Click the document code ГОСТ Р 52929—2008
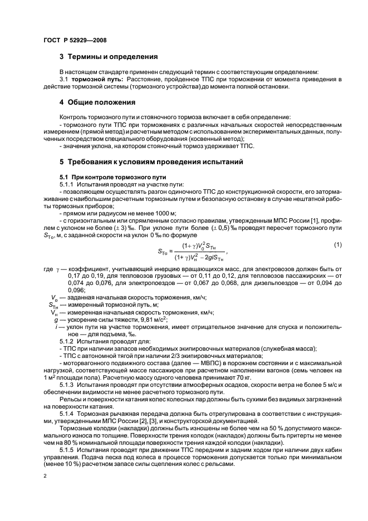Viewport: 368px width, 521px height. pyautogui.click(x=75, y=40)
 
